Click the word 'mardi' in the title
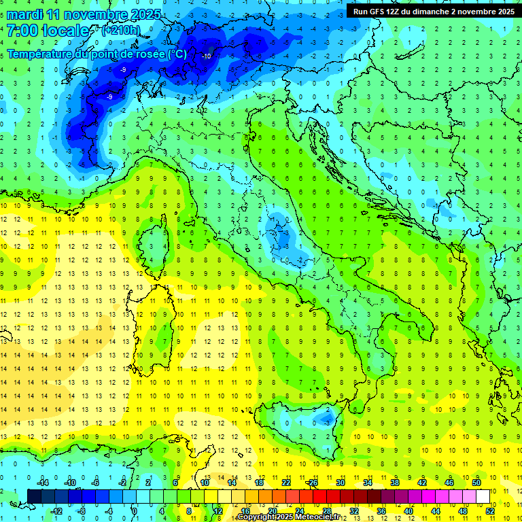tap(24, 14)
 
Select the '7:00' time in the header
tap(22, 31)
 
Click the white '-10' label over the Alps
tap(206, 56)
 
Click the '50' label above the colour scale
tap(476, 483)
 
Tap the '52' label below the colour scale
tap(489, 510)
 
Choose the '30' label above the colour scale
tap(340, 483)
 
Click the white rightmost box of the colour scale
tap(483, 496)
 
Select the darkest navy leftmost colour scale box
tap(34, 496)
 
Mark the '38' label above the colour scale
tap(394, 483)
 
